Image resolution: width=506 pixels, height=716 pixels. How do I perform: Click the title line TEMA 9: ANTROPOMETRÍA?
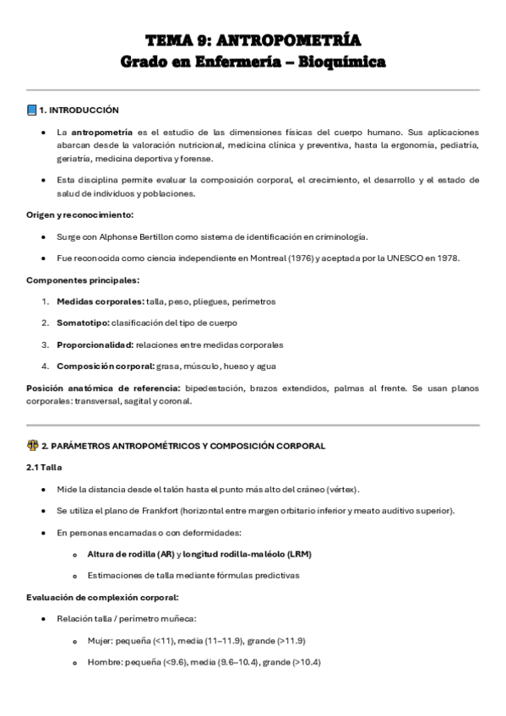253,41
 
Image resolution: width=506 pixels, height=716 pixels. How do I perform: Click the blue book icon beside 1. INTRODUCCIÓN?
32,110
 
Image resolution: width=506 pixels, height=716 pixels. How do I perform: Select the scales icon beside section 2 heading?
32,446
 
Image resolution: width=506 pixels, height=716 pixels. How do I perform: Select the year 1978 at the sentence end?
446,258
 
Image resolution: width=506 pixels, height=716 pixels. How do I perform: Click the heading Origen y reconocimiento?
79,214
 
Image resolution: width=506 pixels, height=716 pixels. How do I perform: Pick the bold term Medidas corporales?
101,301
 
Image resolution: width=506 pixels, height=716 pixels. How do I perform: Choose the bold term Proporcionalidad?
95,344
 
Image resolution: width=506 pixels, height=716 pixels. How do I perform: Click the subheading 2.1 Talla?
44,467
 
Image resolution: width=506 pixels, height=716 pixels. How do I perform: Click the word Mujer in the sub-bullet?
100,641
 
